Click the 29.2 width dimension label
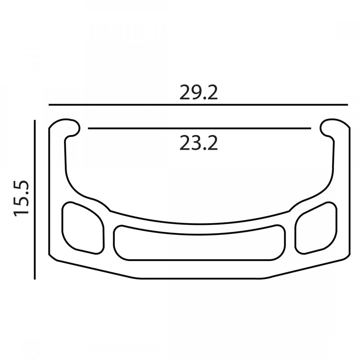[198, 92]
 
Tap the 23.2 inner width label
[198, 143]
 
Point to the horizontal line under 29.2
[198, 105]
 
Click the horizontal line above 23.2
[199, 128]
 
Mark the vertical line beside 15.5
[35, 199]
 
